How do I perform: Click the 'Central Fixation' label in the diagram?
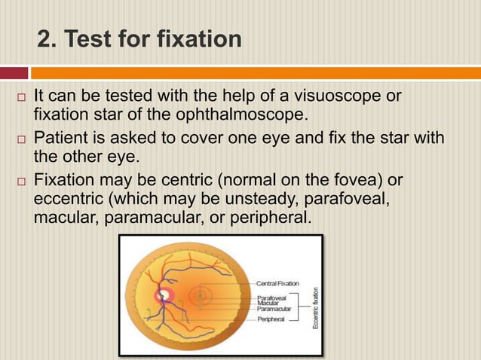(x=277, y=284)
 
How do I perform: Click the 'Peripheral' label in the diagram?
(x=271, y=320)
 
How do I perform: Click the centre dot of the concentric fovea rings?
(x=201, y=297)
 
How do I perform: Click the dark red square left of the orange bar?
(x=14, y=73)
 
